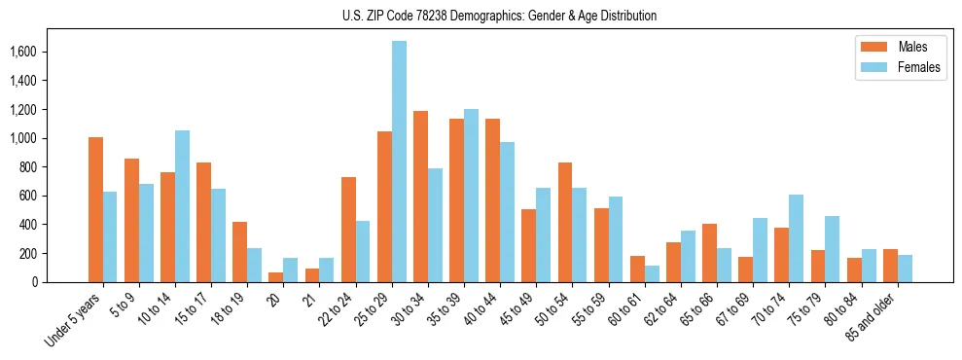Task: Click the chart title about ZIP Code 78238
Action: (500, 16)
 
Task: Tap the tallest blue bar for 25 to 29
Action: (399, 162)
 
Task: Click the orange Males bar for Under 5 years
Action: (95, 209)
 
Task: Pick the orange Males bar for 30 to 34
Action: (420, 197)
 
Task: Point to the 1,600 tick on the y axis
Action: (41, 52)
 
